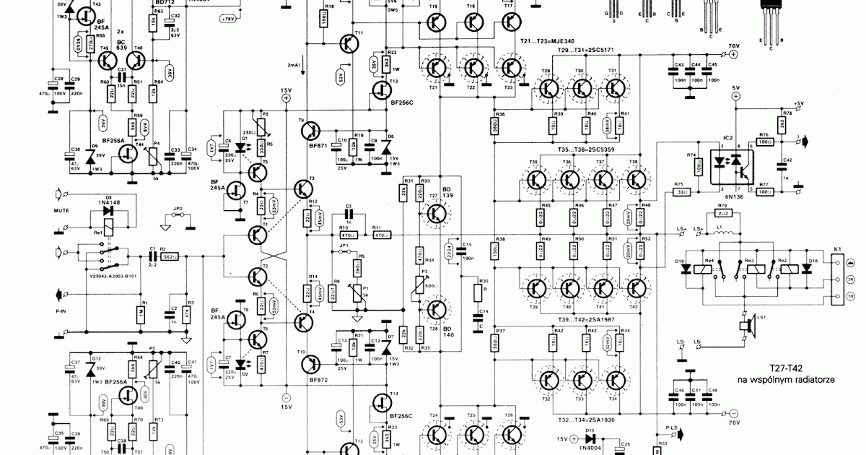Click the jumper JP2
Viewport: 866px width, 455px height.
178,216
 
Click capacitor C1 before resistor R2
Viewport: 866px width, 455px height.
152,256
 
